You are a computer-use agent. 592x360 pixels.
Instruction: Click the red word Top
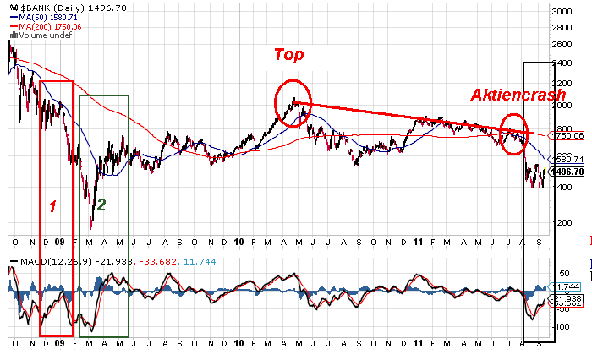288,55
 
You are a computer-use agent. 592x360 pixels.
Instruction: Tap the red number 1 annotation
52,205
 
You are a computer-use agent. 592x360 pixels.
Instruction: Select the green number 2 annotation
101,204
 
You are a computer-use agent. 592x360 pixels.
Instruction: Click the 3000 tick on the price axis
562,12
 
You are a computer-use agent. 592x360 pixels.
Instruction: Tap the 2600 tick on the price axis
562,44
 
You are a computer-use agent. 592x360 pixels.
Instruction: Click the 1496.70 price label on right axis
567,171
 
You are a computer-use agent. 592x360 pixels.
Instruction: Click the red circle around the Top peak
293,103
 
